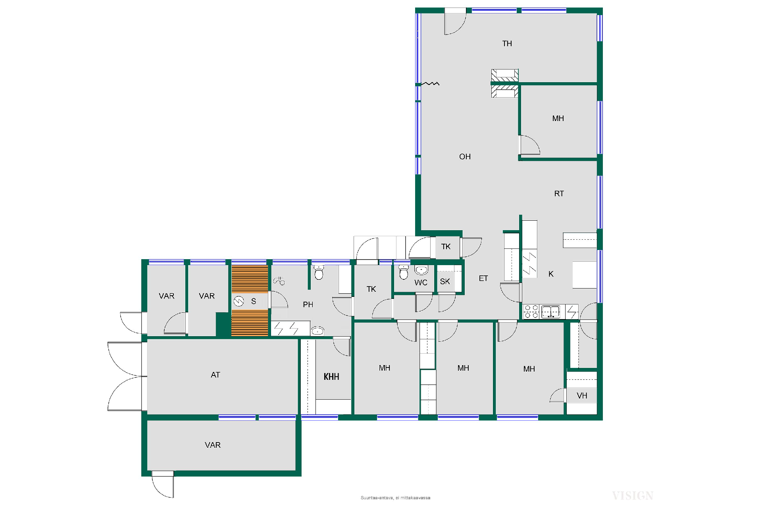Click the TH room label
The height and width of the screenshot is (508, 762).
click(507, 44)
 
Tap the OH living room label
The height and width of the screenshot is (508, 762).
click(465, 157)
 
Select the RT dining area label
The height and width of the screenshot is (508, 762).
click(559, 194)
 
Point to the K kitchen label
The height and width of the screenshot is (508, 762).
click(551, 274)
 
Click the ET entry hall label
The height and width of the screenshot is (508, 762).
click(483, 279)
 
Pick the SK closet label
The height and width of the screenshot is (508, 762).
click(445, 281)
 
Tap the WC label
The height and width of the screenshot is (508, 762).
click(421, 283)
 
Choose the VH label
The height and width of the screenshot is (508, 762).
click(582, 396)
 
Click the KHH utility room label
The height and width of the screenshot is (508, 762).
click(331, 377)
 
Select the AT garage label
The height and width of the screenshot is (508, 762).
click(215, 375)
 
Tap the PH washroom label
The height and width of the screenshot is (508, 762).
click(308, 304)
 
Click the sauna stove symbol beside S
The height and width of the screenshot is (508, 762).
click(239, 302)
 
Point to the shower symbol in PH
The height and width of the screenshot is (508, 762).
click(279, 281)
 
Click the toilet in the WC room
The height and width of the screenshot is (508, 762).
click(404, 272)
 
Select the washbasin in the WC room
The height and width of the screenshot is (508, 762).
click(421, 270)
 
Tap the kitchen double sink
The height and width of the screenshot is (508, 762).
click(550, 312)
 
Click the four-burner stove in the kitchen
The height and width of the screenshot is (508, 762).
click(531, 312)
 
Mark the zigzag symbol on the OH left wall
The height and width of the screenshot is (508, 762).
click(430, 83)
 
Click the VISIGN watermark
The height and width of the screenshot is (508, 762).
click(633, 496)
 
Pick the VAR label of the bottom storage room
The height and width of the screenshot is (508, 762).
click(213, 445)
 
